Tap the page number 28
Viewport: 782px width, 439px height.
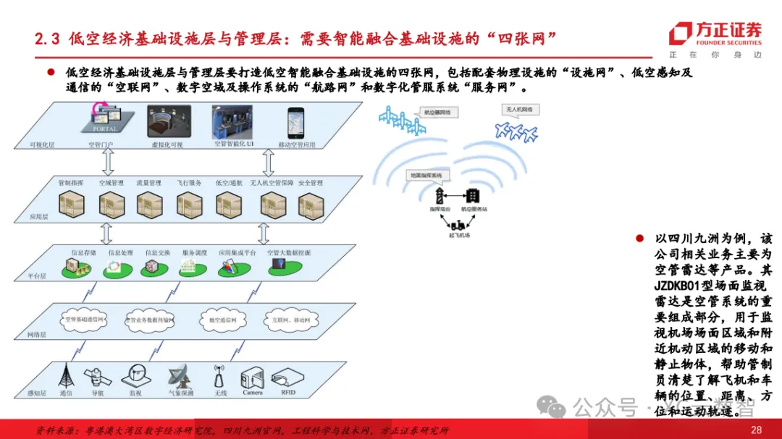[x=756, y=430]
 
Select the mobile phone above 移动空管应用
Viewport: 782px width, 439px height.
[x=295, y=123]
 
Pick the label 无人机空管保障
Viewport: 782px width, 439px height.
[x=272, y=183]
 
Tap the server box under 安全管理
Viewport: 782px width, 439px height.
[x=310, y=205]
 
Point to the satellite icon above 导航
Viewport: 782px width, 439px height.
[x=96, y=375]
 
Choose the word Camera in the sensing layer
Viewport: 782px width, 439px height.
[x=253, y=393]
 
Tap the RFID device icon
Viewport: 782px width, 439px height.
[x=288, y=377]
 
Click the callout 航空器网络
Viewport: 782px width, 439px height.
[x=437, y=113]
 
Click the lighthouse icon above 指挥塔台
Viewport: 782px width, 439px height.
[x=439, y=196]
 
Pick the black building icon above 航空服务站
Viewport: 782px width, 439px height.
[x=472, y=195]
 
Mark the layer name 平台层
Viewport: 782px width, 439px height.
[x=37, y=276]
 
